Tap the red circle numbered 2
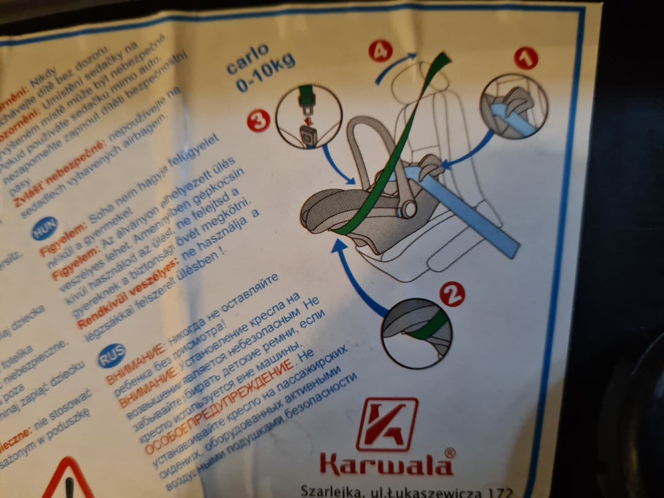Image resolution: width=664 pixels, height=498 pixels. [x=452, y=294]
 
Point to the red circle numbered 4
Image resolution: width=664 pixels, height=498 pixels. [x=380, y=50]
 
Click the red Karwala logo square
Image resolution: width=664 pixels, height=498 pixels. [x=387, y=424]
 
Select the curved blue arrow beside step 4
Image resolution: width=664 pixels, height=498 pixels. [x=396, y=66]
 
